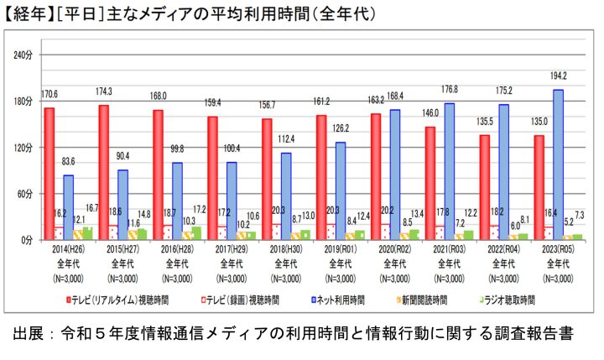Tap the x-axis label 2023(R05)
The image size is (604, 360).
coord(559,250)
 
